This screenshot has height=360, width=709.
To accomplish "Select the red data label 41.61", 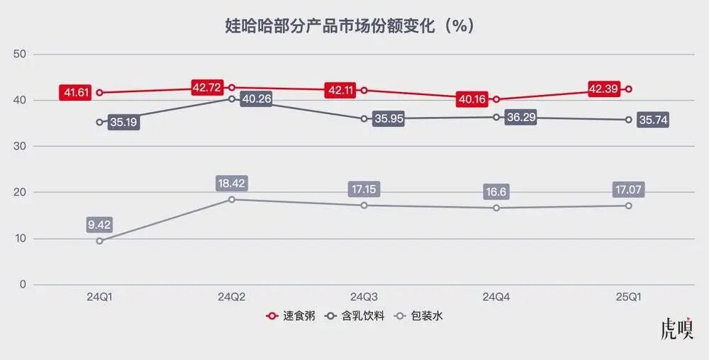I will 76,92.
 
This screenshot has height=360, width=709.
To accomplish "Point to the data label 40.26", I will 257,99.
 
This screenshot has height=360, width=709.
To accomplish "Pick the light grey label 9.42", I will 99,225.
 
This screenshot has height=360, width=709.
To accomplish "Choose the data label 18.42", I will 232,184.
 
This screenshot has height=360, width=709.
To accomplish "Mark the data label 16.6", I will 496,192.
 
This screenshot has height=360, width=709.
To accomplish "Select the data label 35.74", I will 653,120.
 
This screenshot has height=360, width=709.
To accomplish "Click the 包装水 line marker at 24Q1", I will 99,241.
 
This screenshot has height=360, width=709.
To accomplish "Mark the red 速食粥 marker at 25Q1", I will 628,89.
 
